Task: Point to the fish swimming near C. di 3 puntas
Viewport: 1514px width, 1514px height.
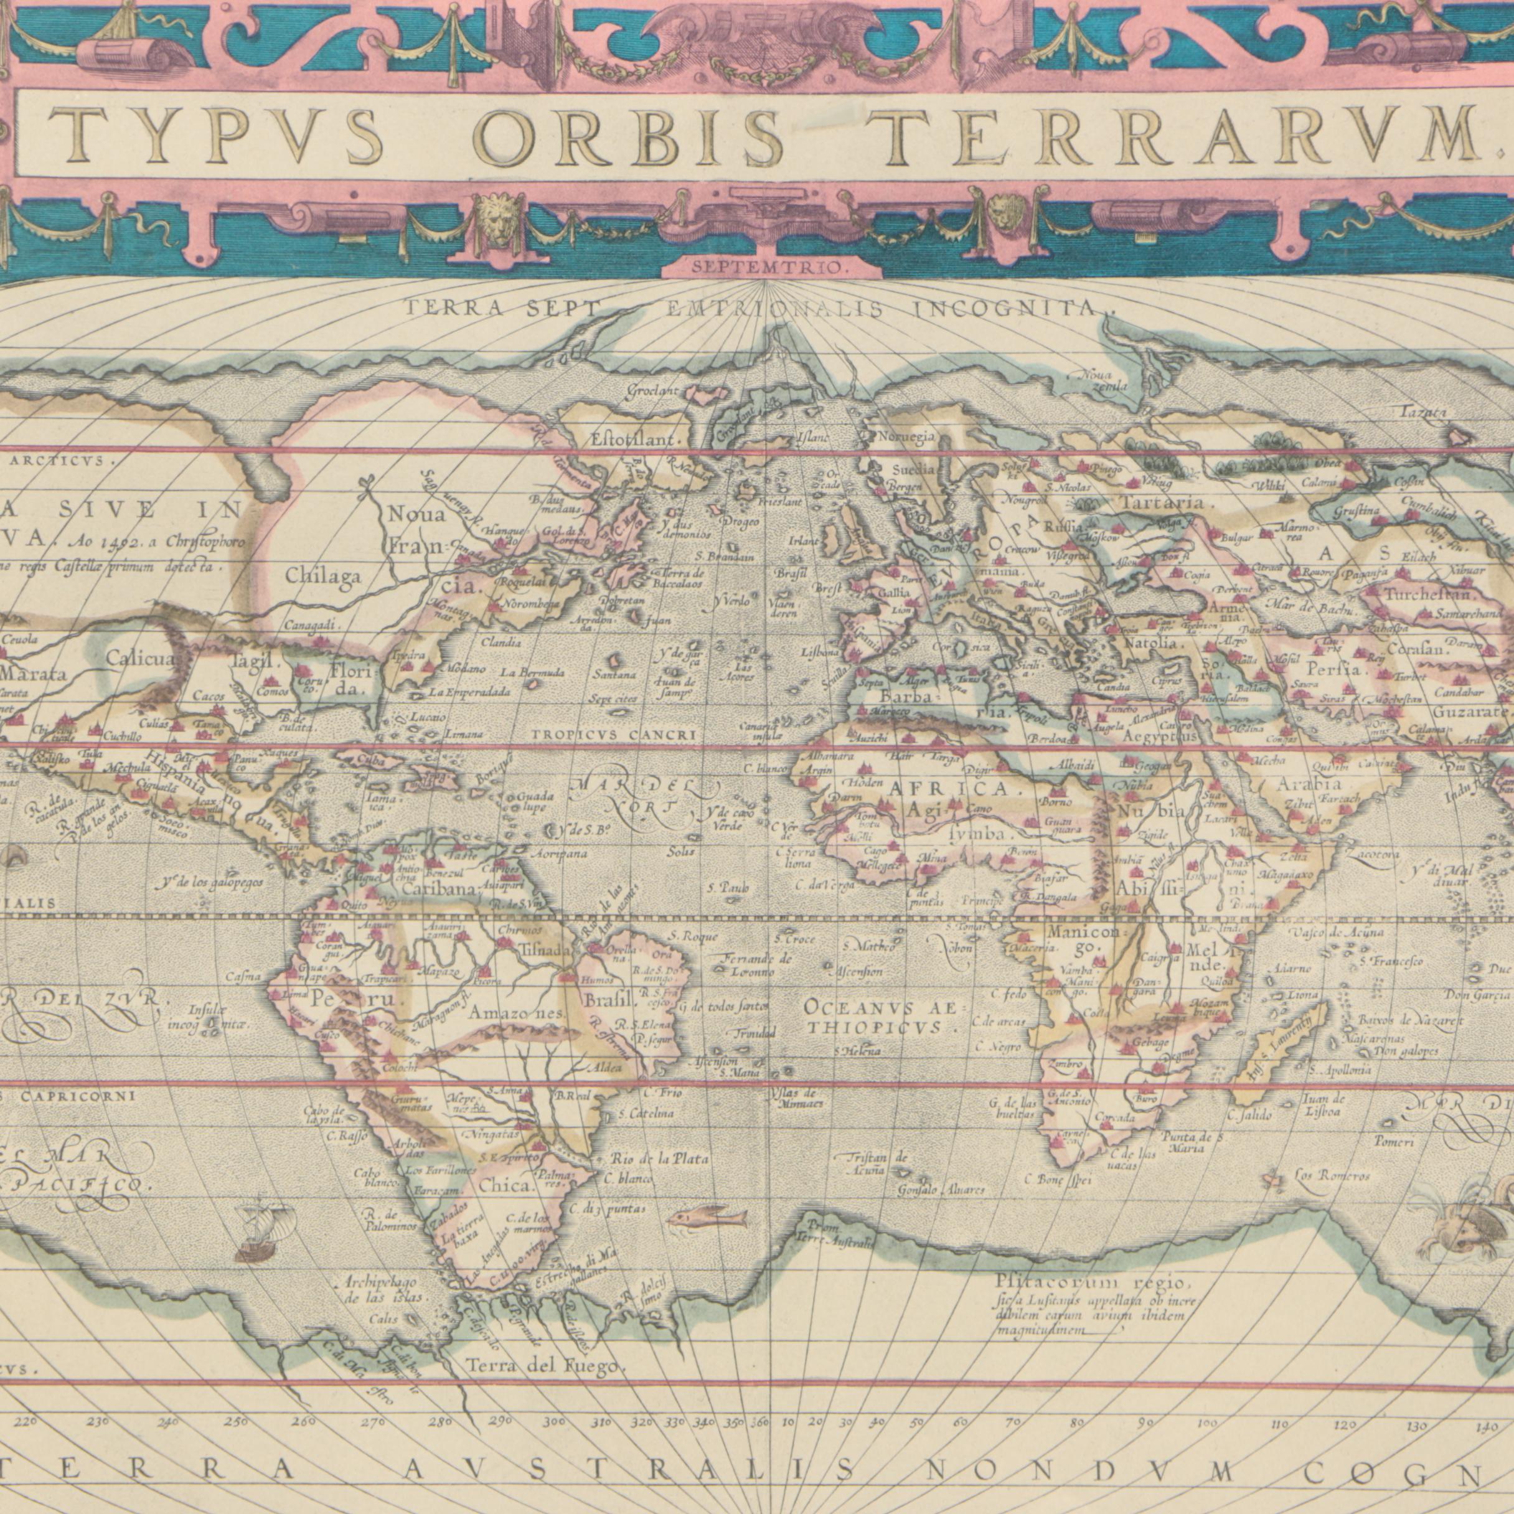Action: click(707, 1218)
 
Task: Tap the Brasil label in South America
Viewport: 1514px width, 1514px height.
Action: click(608, 1002)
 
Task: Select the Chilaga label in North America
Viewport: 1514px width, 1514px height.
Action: click(323, 578)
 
